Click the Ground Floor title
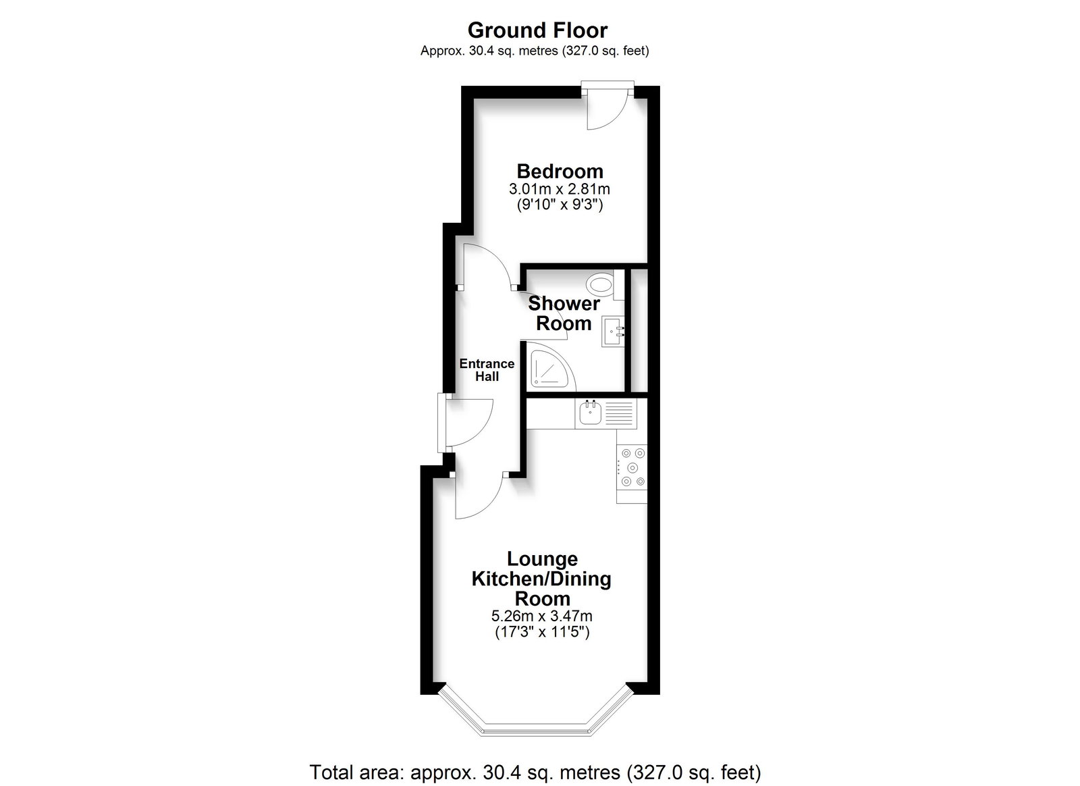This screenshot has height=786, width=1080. tap(537, 30)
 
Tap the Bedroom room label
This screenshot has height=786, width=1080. tap(560, 172)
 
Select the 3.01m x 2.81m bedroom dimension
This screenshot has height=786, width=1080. tap(560, 188)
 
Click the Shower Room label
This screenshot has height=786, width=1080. tap(564, 313)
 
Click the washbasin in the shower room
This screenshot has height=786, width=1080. tap(613, 332)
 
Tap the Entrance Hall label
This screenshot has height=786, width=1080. tap(487, 370)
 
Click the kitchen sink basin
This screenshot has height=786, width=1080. tap(590, 414)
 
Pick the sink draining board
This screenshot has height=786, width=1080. tap(618, 414)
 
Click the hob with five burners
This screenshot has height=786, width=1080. tap(632, 467)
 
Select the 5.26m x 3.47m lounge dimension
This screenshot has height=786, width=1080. tap(542, 616)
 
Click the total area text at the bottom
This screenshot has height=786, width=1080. tap(535, 772)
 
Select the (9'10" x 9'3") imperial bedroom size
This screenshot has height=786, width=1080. tap(560, 205)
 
